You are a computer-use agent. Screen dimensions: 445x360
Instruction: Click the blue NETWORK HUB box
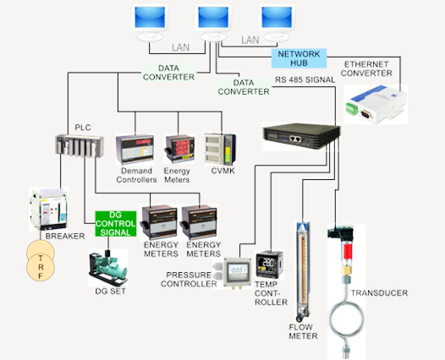point(299,58)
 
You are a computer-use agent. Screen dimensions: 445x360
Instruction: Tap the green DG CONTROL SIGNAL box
point(116,224)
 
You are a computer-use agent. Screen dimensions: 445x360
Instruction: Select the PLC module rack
point(80,145)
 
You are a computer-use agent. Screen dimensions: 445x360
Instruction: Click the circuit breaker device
point(49,210)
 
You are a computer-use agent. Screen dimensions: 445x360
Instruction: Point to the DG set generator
point(107,268)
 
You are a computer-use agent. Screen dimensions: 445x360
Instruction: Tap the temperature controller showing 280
point(270,265)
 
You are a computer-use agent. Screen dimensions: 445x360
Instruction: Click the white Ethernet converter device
point(376,103)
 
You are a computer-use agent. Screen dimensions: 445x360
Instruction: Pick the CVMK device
point(220,149)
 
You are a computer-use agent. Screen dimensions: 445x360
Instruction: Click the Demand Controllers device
point(135,150)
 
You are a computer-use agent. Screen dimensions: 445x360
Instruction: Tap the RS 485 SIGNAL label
point(305,80)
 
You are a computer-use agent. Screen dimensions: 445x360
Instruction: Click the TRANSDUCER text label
point(380,293)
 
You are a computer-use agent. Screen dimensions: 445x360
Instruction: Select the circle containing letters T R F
point(41,267)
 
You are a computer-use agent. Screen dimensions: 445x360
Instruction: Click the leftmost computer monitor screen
point(150,17)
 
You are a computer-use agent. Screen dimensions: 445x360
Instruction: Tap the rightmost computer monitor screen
point(277,17)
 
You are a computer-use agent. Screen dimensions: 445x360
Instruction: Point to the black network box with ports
point(301,137)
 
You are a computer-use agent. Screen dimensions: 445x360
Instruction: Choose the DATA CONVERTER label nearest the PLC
point(168,73)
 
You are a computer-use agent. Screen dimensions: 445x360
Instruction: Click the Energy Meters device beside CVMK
point(179,149)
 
